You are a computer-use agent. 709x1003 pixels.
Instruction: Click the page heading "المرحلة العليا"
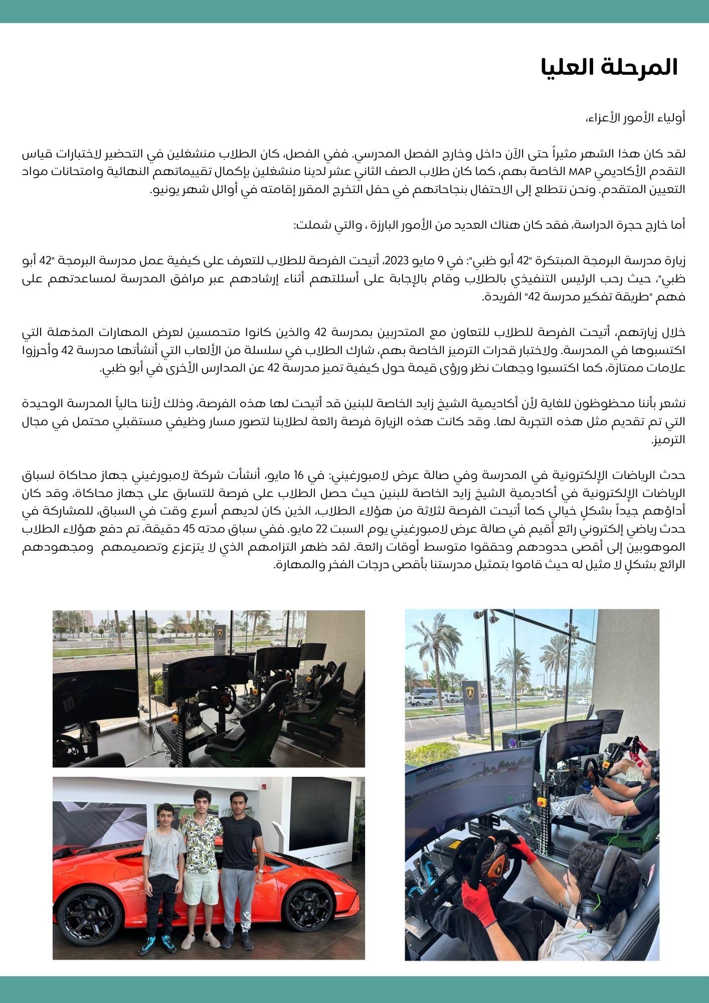tap(609, 68)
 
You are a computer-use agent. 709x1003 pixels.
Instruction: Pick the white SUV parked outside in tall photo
tap(422, 701)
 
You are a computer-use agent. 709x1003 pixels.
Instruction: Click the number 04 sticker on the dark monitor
tap(69, 705)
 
